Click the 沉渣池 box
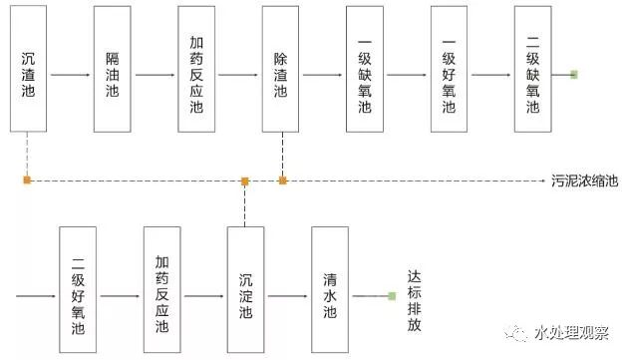pos(29,69)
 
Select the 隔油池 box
pos(113,69)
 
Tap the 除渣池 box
pos(281,69)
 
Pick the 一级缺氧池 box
pos(365,69)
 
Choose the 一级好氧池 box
pos(450,69)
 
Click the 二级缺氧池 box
pos(533,69)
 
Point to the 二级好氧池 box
pos(78,288)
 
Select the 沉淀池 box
pos(246,288)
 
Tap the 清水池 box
pos(330,288)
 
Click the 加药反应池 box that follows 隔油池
pos(197,69)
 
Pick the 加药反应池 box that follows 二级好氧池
pos(161,288)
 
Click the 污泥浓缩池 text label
pos(584,181)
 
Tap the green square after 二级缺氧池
pos(574,74)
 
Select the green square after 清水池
pos(392,296)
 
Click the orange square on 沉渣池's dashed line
pos(29,180)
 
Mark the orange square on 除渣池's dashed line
pos(282,180)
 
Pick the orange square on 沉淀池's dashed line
pos(245,180)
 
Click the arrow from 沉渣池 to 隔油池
pos(71,75)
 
